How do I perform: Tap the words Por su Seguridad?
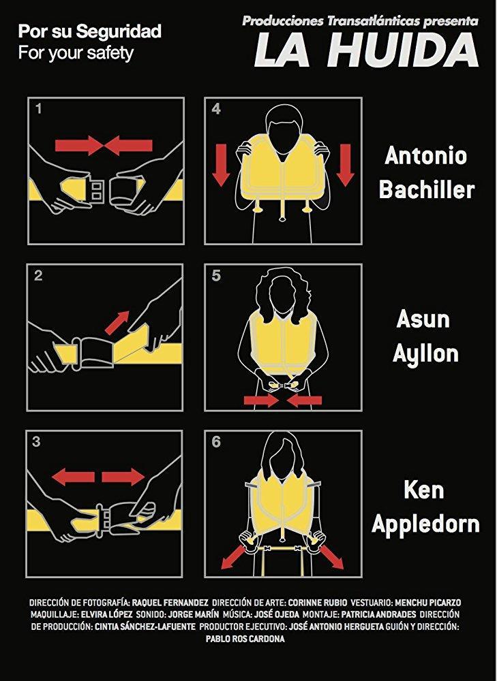pos(89,32)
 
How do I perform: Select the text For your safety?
pos(76,53)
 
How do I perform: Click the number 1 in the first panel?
pos(39,108)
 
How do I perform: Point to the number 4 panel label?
pos(216,109)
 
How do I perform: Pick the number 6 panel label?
pos(216,442)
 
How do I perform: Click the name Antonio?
pos(425,155)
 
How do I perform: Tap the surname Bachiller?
pos(427,189)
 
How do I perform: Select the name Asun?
pos(423,319)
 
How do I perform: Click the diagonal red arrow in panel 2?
pos(117,322)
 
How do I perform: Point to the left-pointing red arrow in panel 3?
pos(73,477)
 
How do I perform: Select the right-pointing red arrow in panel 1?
pos(78,146)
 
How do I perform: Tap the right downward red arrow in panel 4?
pos(345,165)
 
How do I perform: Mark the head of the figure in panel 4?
pos(283,131)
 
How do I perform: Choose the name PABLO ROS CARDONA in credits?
pos(245,639)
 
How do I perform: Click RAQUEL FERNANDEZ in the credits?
pos(170,603)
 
